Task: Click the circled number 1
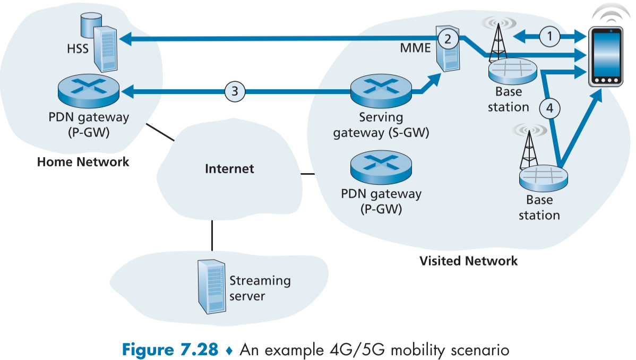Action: (550, 37)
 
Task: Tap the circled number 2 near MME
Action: (448, 38)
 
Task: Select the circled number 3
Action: (235, 92)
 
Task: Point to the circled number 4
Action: (550, 108)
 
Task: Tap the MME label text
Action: (416, 49)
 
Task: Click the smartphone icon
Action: (606, 58)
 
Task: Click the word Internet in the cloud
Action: (229, 169)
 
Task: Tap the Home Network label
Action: (83, 161)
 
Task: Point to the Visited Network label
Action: (468, 261)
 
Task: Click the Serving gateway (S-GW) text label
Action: (381, 125)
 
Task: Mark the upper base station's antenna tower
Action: (498, 41)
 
